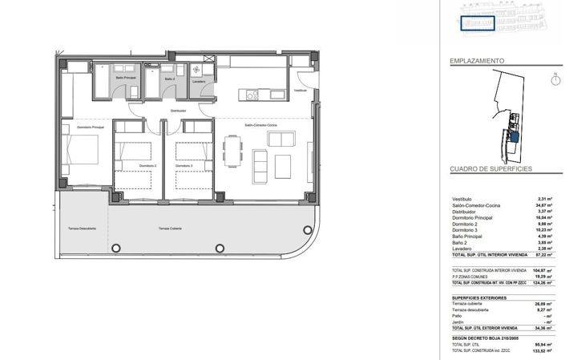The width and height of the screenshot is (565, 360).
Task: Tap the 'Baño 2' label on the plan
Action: click(169, 79)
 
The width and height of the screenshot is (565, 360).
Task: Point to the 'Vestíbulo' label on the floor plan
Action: click(300, 91)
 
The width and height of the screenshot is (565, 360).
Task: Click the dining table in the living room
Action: click(233, 151)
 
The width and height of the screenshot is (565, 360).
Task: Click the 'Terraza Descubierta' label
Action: click(82, 229)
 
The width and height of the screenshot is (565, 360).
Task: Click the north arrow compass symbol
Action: click(555, 79)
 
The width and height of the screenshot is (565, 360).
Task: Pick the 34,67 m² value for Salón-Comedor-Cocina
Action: click(545, 205)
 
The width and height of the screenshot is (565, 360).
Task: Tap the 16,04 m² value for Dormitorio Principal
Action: click(545, 217)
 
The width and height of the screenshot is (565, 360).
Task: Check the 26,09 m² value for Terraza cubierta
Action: click(545, 304)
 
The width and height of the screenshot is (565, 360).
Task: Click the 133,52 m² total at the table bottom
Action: click(544, 350)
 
